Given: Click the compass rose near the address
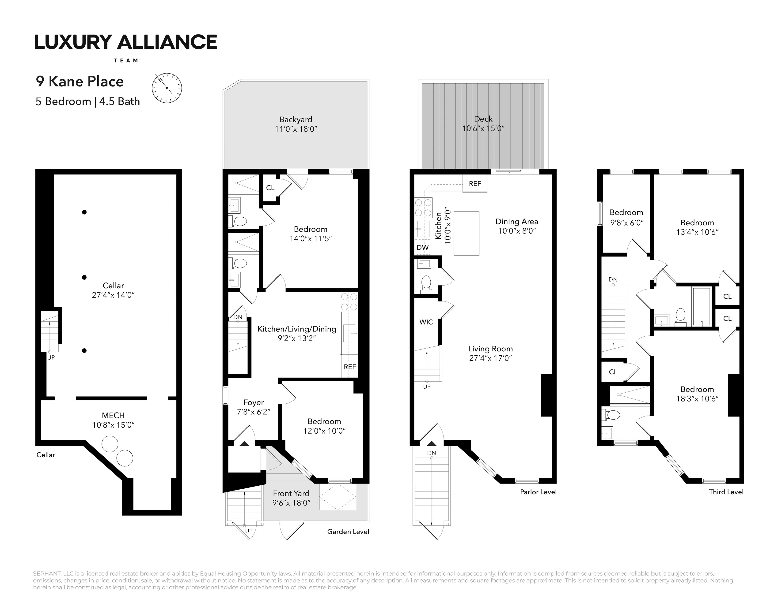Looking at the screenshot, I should pos(167,88).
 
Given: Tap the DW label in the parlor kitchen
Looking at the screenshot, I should pos(422,247).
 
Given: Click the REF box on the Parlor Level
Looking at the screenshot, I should pos(475,184).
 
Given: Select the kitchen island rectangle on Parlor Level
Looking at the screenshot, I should pos(466,234).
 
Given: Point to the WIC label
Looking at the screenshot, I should pos(426,322).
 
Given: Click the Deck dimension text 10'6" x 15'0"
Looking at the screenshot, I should pos(483,129).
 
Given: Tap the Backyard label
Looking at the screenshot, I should pos(296,120).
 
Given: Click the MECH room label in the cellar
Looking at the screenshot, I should pos(113,415).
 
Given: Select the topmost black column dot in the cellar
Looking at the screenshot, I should pos(84,212).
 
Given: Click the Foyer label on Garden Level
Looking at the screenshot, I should pos(253,402).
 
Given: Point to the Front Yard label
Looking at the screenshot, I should pos(291,494).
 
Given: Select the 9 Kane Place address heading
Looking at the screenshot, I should pos(80,82).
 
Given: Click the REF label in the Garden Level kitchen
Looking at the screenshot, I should pos(349,367).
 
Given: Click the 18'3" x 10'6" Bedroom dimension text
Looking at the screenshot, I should pos(697,399).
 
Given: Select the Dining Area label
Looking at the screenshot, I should pos(516,222).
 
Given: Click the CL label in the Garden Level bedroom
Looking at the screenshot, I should pos(270,188).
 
